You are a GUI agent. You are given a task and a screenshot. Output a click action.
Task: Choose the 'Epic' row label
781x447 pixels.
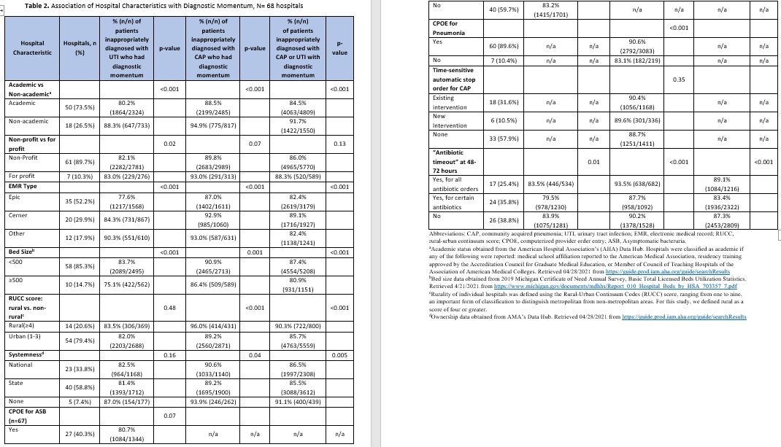tap(14, 197)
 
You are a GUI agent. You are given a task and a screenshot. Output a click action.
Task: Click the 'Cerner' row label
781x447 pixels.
tap(18, 215)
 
